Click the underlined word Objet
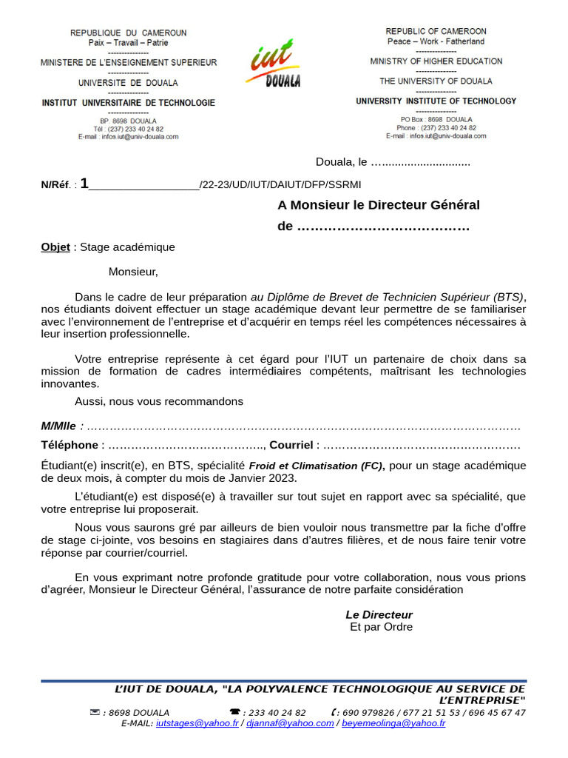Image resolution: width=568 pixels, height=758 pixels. point(55,247)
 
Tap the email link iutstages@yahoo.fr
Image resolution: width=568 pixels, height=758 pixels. point(197,723)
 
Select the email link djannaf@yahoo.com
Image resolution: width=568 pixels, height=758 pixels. point(290,723)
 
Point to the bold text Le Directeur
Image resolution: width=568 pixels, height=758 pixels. point(379,614)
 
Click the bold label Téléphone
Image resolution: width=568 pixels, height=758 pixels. point(70,445)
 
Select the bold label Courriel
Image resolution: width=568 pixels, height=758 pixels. point(291,445)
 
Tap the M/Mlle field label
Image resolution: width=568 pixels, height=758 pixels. point(59,426)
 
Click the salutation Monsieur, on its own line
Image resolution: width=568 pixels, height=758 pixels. point(133,272)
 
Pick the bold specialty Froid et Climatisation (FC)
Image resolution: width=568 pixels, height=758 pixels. point(316,466)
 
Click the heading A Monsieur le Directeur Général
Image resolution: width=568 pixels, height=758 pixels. point(379,205)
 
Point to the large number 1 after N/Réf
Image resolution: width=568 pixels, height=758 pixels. point(84,183)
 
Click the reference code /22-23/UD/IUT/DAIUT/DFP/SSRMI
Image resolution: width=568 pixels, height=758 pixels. point(280,184)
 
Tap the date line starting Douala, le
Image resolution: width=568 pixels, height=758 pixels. point(392,162)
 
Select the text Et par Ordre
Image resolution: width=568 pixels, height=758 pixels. point(381,627)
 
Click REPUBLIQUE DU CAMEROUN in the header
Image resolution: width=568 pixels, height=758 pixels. point(128,33)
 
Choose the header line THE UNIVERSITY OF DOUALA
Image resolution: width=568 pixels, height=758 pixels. point(436,81)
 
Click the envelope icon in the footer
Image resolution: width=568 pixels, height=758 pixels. point(95,712)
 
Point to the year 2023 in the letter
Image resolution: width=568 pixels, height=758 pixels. point(283,478)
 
